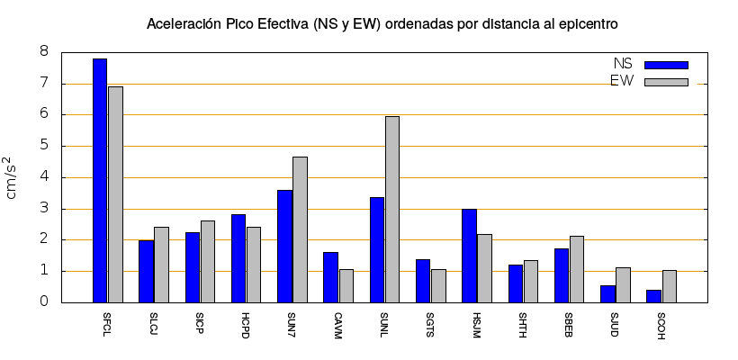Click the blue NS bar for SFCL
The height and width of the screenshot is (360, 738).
click(100, 180)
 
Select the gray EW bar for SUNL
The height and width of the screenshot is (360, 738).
click(392, 209)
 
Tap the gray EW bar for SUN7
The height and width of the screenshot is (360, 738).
click(300, 229)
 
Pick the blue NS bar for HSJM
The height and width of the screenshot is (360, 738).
click(469, 256)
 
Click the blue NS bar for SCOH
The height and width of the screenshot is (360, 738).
click(653, 296)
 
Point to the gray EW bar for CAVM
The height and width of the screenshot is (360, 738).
click(346, 286)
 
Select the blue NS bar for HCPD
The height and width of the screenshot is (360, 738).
click(238, 258)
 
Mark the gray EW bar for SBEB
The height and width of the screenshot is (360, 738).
click(577, 269)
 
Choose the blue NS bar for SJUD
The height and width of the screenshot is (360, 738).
click(607, 293)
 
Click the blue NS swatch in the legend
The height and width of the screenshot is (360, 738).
click(666, 65)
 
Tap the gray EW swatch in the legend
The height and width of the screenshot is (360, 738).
click(666, 82)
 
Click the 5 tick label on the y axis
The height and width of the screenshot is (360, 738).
click(42, 146)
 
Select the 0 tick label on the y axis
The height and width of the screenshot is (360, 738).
click(42, 302)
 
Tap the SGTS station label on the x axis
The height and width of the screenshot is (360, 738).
click(430, 321)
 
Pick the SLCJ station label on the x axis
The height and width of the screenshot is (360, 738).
click(154, 321)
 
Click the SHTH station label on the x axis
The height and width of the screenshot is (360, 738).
click(523, 321)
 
